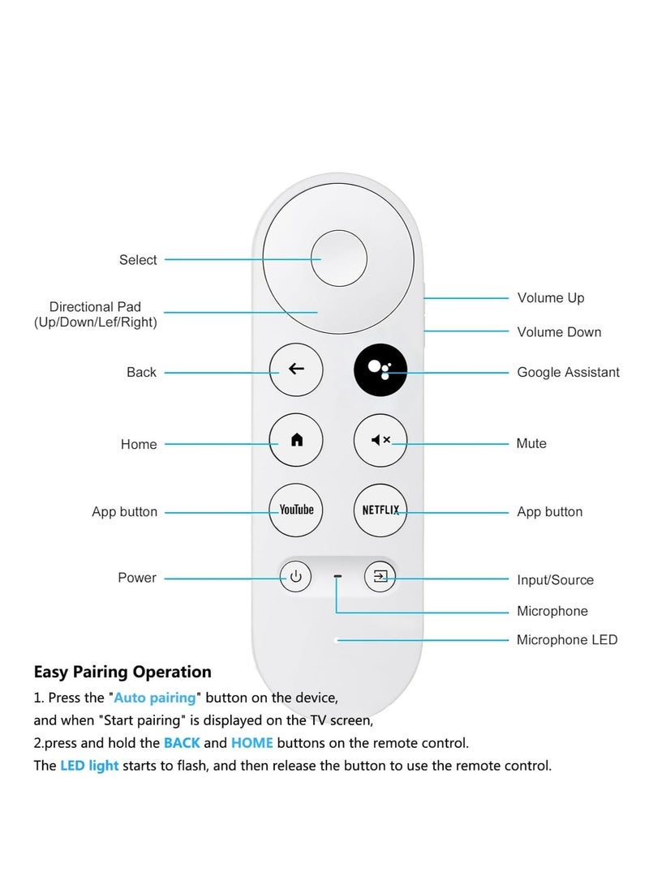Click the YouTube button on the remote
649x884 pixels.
pos(296,510)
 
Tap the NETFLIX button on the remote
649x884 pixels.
pos(380,510)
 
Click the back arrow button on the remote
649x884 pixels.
pos(296,369)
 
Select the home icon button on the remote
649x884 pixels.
pos(296,440)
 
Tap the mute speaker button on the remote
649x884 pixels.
pos(380,440)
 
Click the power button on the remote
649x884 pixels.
pos(296,577)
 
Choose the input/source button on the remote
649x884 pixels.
pos(380,577)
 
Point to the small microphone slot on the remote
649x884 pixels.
pos(337,578)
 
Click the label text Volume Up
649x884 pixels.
pos(551,298)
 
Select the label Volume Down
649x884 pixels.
pos(559,332)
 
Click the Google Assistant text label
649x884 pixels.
pos(568,373)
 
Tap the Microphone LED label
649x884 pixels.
pos(567,640)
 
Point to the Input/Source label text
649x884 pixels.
pos(555,580)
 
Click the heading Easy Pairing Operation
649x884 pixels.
pos(122,672)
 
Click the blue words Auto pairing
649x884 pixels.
pos(155,697)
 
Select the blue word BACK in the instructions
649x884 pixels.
pos(182,743)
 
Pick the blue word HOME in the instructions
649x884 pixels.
pos(252,743)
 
